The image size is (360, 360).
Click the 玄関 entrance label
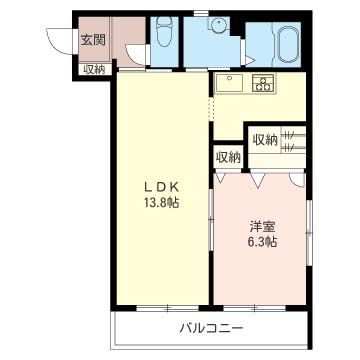[x=93, y=41]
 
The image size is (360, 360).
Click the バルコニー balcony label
[x=211, y=328]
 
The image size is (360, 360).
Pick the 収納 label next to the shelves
[x=264, y=140]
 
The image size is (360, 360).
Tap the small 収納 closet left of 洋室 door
[x=228, y=157]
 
